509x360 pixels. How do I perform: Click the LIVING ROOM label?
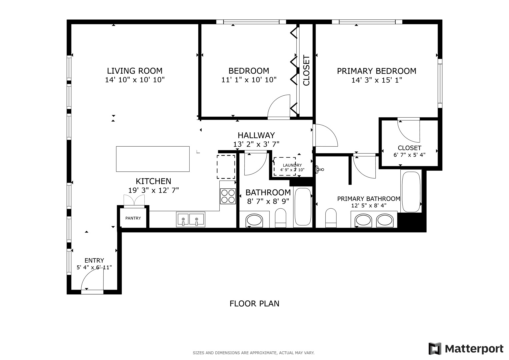pos(135,71)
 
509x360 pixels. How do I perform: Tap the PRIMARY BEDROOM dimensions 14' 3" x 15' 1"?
pos(376,80)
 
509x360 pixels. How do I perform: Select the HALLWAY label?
pos(256,135)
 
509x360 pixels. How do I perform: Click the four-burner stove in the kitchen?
pos(228,196)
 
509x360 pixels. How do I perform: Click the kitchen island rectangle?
pos(153,159)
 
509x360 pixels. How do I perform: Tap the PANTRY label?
pos(133,218)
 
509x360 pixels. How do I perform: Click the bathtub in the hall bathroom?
pos(303,207)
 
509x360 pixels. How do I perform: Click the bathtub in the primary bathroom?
pos(411,191)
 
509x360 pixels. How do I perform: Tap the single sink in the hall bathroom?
pos(254,220)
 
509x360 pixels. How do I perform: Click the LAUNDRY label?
pos(292,165)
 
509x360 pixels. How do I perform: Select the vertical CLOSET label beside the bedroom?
pos(306,70)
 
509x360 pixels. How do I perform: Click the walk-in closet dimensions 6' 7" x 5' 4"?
pos(409,155)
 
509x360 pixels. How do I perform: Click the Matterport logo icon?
pos(435,349)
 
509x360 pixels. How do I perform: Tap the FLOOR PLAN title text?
pos(254,304)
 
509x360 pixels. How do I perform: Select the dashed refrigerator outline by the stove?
pos(226,167)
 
